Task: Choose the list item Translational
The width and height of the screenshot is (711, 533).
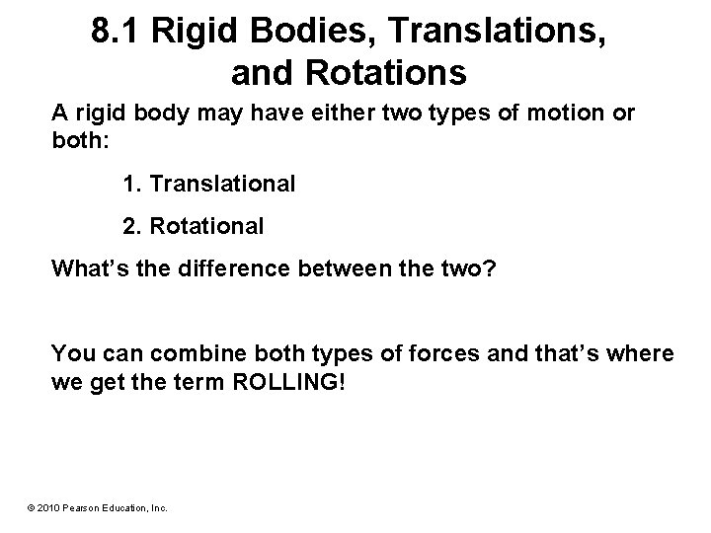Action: click(219, 184)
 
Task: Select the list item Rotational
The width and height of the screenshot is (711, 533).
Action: click(207, 226)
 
